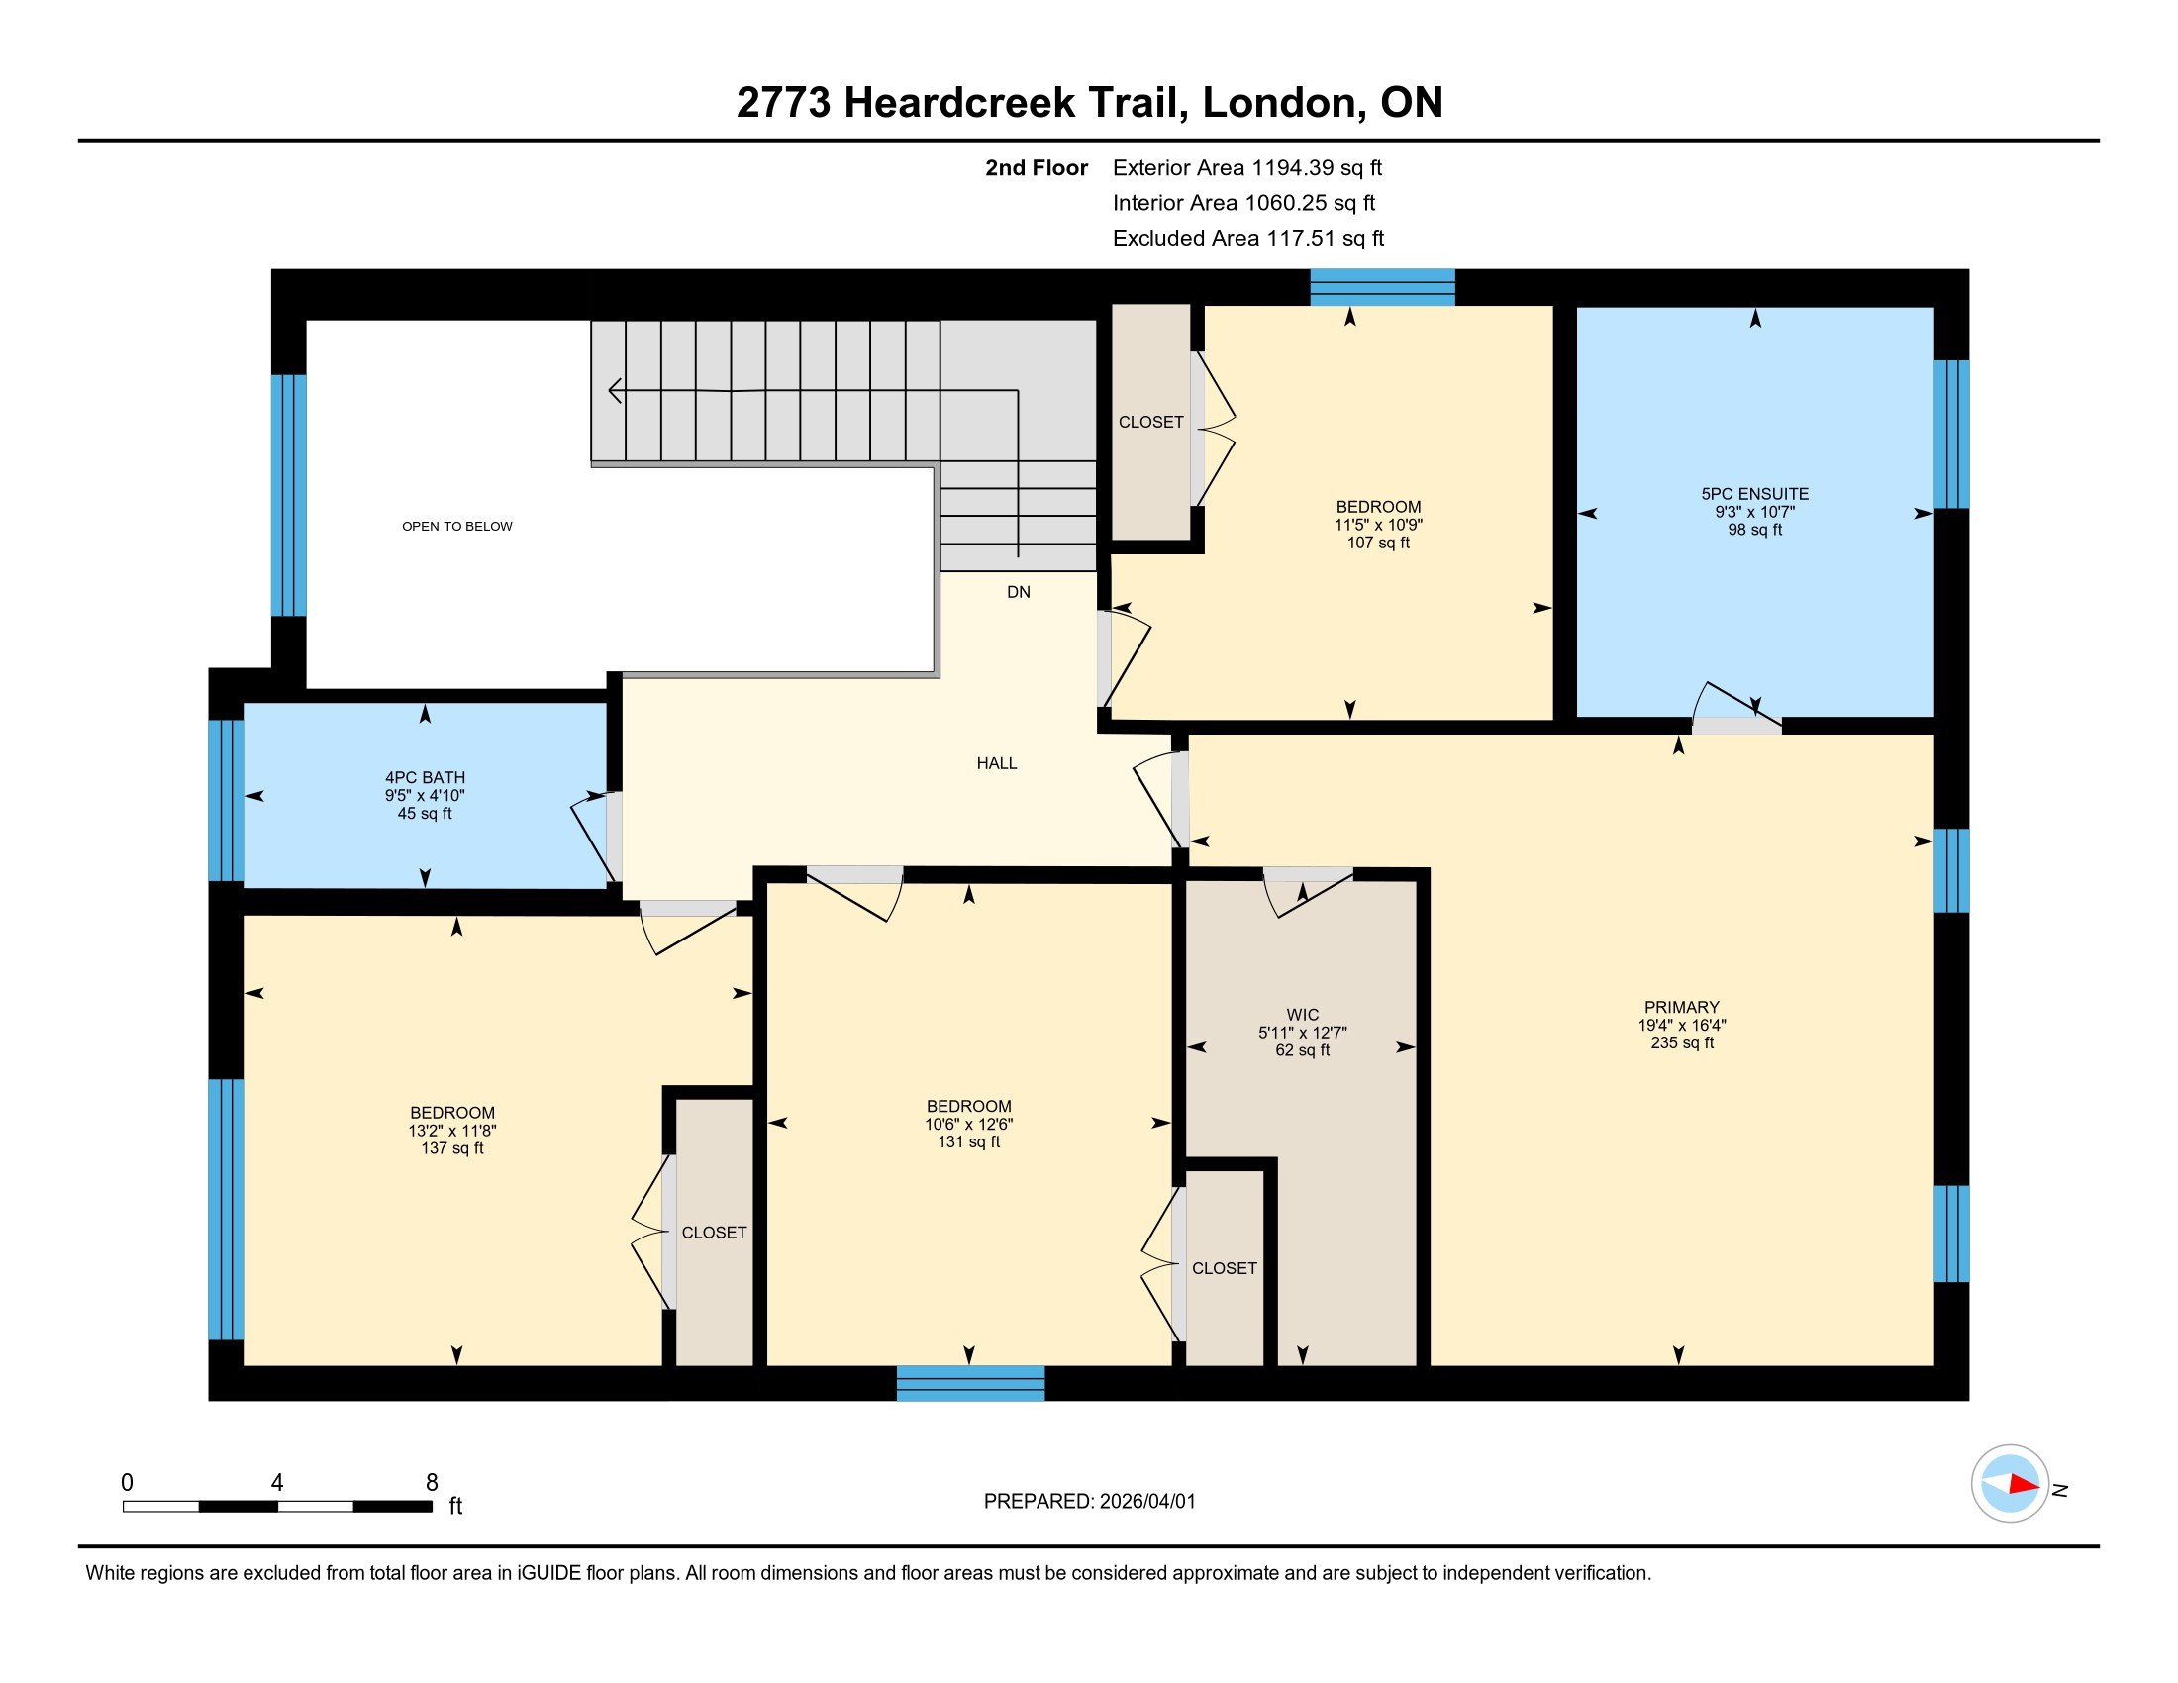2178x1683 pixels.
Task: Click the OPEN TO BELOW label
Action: point(456,527)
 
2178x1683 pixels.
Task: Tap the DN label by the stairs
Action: point(1018,592)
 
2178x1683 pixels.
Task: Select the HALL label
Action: point(996,763)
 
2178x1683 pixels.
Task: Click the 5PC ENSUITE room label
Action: point(1754,494)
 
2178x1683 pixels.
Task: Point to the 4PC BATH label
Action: point(425,778)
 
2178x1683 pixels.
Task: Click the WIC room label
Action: point(1303,1015)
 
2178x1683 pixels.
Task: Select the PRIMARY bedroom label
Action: point(1681,1007)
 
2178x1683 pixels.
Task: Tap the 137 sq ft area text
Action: point(451,1148)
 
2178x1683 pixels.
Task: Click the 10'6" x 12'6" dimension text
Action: point(968,1124)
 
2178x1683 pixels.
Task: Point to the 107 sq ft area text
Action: point(1378,544)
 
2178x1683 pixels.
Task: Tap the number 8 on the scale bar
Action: point(432,1483)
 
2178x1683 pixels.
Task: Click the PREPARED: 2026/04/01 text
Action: point(1089,1502)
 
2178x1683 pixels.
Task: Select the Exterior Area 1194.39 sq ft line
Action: point(1246,168)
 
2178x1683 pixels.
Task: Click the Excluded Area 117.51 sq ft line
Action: point(1247,239)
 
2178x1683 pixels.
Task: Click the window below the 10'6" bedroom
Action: point(970,1383)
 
